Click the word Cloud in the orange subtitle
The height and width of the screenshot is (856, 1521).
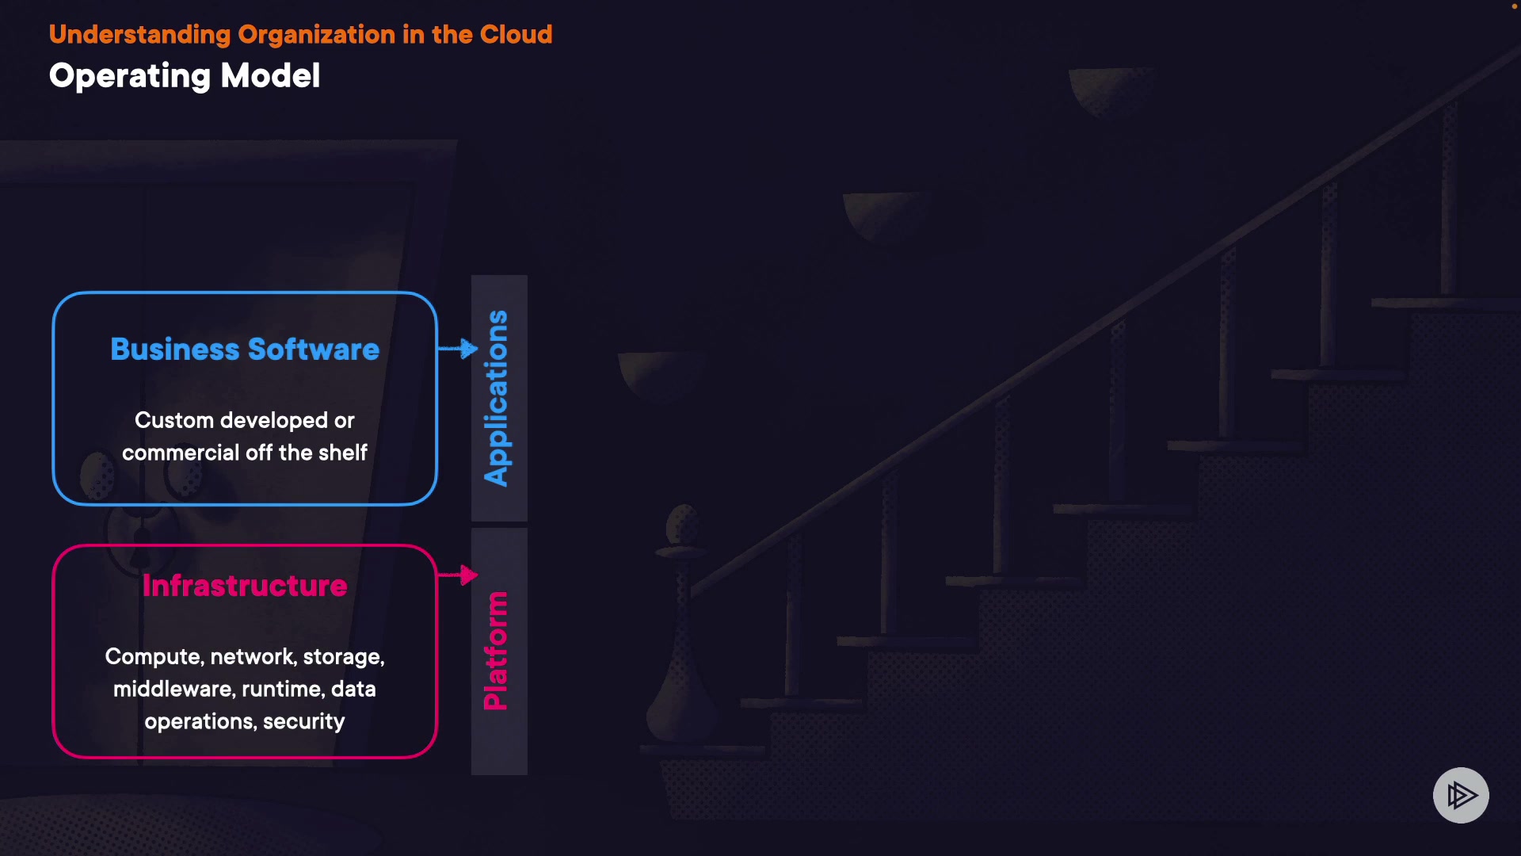(516, 35)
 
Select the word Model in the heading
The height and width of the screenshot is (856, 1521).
(270, 76)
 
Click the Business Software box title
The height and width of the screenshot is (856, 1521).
(245, 350)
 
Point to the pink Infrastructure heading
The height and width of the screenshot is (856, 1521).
(245, 586)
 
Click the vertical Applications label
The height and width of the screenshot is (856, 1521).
(497, 398)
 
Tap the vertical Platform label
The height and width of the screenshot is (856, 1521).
(497, 651)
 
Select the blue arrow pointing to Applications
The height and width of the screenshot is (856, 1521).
(459, 348)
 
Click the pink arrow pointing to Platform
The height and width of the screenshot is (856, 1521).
(459, 575)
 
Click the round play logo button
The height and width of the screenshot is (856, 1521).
(1461, 795)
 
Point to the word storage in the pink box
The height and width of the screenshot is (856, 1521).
(343, 657)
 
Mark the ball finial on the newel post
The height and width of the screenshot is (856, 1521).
(683, 523)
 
